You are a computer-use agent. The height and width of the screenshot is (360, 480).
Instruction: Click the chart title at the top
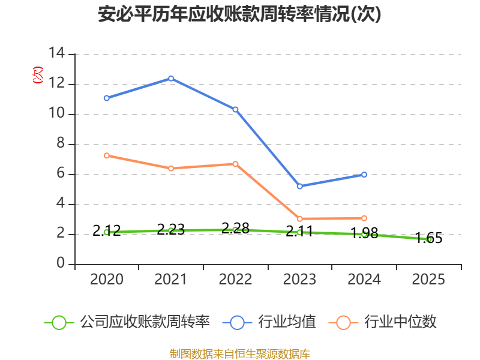tap(239, 14)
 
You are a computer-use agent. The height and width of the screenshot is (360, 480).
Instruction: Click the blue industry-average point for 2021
tap(171, 79)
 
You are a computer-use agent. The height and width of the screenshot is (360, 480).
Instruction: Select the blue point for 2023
tap(299, 186)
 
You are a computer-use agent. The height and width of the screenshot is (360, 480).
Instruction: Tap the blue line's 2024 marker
tap(364, 175)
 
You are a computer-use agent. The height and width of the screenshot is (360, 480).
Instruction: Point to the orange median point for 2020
tap(107, 155)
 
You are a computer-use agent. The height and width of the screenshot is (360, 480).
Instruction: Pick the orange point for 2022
tap(235, 164)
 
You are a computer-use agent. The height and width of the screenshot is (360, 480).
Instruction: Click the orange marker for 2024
tap(364, 218)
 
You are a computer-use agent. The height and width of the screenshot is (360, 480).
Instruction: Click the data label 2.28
tap(235, 228)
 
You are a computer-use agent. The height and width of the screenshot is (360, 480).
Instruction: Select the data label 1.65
tap(428, 238)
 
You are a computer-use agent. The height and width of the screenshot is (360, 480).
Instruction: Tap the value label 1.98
tap(364, 233)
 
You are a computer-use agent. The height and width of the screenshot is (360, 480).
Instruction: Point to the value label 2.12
tap(107, 230)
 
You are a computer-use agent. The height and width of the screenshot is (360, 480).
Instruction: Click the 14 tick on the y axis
tap(56, 53)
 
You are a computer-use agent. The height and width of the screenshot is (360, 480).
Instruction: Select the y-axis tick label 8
tap(61, 143)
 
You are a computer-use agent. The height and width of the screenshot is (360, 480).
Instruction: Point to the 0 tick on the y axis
tap(61, 263)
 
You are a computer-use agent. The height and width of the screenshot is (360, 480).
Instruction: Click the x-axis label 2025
tap(428, 279)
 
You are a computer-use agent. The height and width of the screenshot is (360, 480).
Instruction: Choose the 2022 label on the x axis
tap(235, 279)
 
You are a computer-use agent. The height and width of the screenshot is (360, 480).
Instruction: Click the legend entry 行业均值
tap(269, 322)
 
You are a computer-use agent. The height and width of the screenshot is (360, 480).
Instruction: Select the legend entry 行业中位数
tap(383, 322)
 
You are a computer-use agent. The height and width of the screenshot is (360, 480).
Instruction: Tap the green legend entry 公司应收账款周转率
tap(127, 322)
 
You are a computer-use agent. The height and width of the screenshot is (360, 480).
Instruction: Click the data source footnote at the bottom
tap(240, 354)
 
